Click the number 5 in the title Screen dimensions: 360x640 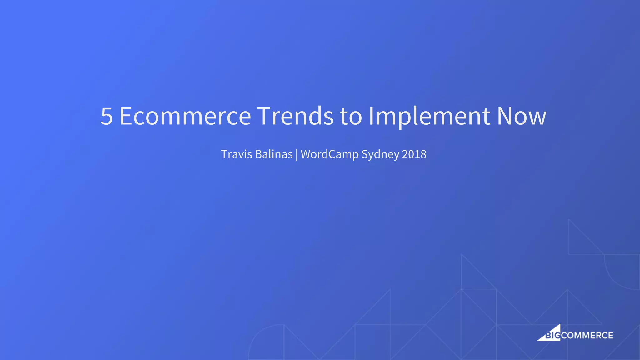coord(107,116)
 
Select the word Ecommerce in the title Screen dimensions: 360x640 coord(185,116)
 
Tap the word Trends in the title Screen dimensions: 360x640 coord(295,116)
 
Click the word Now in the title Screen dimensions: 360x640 coord(522,116)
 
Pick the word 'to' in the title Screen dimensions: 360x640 coord(351,116)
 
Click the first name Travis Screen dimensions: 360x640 coord(237,154)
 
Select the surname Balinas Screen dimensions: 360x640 coord(274,154)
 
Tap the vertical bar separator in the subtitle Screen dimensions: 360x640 coord(297,155)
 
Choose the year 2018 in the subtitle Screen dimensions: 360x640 coord(414,154)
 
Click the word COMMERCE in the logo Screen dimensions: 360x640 coord(587,336)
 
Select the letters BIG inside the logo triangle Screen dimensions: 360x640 coord(552,336)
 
